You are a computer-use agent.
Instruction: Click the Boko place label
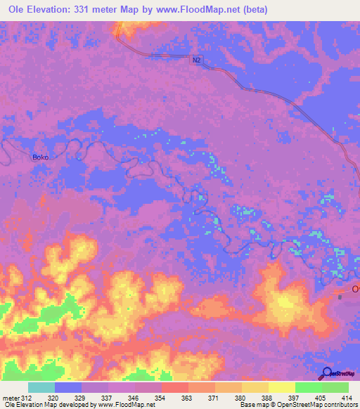[x=40, y=157]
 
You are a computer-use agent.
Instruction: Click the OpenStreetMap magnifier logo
[x=328, y=373]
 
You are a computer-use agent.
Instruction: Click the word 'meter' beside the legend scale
[x=9, y=397]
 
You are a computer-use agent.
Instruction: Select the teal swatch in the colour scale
[x=41, y=387]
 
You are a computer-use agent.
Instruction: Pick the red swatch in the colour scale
[x=174, y=387]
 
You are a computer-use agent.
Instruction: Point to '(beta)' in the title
[x=270, y=11]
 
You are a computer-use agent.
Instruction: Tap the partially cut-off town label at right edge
[x=356, y=289]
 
